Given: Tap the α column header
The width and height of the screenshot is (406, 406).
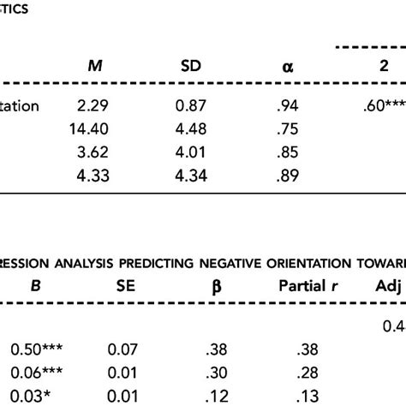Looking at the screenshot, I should pyautogui.click(x=274, y=67).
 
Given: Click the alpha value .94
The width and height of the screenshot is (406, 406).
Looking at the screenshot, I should pyautogui.click(x=273, y=107).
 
